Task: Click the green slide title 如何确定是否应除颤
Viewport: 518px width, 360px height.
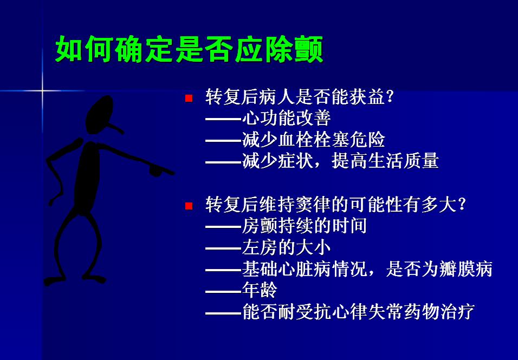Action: click(189, 49)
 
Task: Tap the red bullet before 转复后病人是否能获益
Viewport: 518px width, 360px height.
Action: click(189, 98)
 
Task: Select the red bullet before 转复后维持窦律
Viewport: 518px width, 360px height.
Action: click(189, 206)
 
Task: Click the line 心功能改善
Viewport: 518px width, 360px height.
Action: click(286, 118)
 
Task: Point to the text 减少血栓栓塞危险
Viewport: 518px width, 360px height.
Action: click(314, 140)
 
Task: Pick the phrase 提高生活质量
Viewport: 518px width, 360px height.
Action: click(385, 161)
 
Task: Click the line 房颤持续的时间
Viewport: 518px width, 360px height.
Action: click(305, 226)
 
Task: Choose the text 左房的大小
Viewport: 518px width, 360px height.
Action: click(286, 247)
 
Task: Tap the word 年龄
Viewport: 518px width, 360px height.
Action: click(260, 290)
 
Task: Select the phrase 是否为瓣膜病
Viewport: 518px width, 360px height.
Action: click(439, 269)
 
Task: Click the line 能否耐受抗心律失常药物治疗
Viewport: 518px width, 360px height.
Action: click(359, 312)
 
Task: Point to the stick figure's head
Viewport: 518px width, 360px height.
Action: click(99, 114)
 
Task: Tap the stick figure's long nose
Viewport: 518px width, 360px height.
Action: click(115, 128)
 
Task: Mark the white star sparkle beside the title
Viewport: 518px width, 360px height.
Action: click(42, 90)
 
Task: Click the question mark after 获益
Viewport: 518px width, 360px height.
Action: click(390, 97)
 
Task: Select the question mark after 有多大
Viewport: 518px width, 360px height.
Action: click(462, 205)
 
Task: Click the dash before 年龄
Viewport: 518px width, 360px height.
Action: click(224, 292)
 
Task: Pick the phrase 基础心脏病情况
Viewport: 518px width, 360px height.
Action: click(305, 269)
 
